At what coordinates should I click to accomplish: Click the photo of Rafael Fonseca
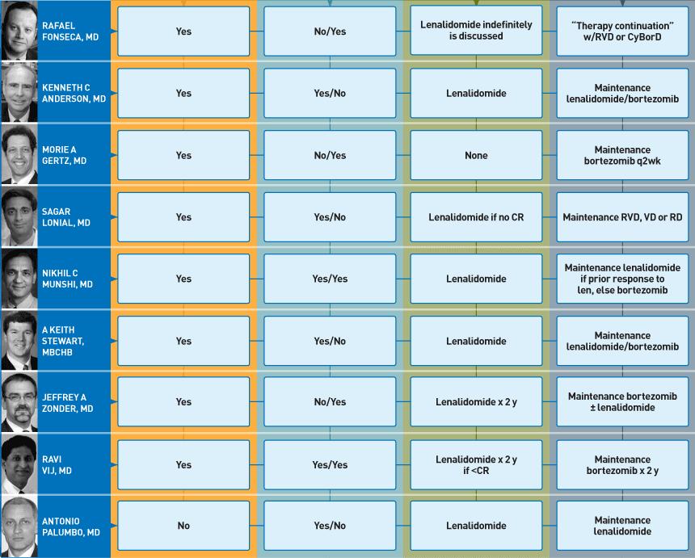click(x=19, y=31)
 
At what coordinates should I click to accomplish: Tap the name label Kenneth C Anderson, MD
click(x=74, y=93)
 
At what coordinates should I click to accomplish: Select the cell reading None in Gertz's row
click(x=476, y=155)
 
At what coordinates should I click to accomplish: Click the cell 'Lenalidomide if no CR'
click(x=476, y=217)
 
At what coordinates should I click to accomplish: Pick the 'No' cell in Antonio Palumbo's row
click(x=183, y=526)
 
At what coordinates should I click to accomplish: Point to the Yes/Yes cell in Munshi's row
click(x=330, y=279)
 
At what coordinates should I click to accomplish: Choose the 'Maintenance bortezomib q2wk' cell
click(x=622, y=155)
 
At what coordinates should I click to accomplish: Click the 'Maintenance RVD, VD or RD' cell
click(x=622, y=217)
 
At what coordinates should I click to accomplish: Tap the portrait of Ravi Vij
click(x=19, y=464)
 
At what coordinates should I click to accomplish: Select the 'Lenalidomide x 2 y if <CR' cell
click(x=476, y=464)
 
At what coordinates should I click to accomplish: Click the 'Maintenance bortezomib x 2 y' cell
click(x=622, y=464)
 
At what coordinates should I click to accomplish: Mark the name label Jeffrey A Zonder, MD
click(x=68, y=403)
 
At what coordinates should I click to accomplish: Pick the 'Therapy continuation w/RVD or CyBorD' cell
click(x=622, y=31)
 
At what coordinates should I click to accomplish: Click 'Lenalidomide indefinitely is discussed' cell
click(x=476, y=30)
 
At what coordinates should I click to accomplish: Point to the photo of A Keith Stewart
click(x=19, y=340)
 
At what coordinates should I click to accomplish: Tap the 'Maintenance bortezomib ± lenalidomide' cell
click(x=622, y=401)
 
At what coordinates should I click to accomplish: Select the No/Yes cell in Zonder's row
click(x=330, y=401)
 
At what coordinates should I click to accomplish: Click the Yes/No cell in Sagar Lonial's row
click(x=330, y=217)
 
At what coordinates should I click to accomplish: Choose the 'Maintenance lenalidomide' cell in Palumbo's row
click(x=622, y=526)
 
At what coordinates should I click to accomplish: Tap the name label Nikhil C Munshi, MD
click(x=67, y=279)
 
